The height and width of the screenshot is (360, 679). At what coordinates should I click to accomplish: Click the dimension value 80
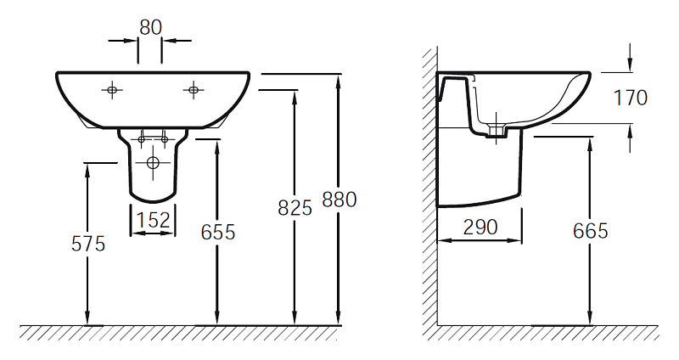click(x=151, y=28)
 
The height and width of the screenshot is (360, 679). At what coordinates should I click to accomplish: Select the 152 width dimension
click(x=154, y=220)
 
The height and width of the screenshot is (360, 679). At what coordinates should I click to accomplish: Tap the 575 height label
click(x=88, y=244)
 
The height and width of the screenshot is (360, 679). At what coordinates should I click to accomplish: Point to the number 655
click(x=218, y=232)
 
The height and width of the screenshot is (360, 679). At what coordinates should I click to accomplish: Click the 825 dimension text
click(x=295, y=208)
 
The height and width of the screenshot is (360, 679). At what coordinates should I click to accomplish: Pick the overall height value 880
click(x=339, y=200)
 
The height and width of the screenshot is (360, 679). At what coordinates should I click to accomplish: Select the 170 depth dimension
click(x=631, y=98)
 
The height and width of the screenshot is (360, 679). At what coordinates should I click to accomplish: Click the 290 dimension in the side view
click(x=480, y=228)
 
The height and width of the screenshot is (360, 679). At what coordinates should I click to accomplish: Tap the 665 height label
click(x=590, y=231)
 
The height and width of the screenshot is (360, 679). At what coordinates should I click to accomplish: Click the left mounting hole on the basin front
click(x=112, y=90)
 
